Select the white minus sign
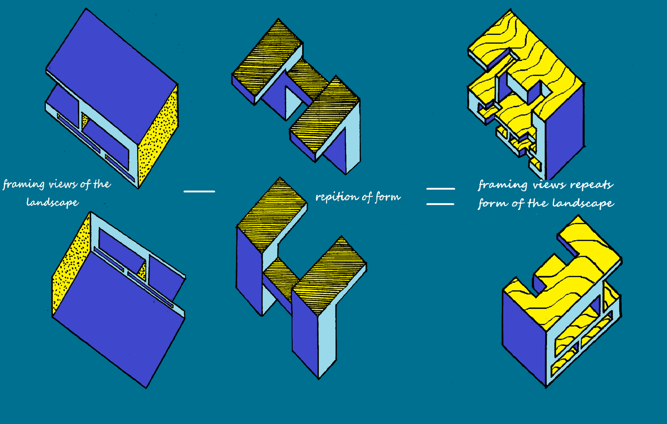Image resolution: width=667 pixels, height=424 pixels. pos(199,191)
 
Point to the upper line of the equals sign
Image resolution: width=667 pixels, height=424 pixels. pos(440,189)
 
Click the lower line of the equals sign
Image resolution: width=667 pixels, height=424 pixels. pos(440,204)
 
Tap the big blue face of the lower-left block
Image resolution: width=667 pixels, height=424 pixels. pos(117,321)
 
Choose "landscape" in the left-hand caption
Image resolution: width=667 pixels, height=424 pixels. pos(53,203)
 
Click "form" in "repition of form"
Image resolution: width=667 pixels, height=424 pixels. pos(388,197)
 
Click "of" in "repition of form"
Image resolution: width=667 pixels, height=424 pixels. pos(367,197)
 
